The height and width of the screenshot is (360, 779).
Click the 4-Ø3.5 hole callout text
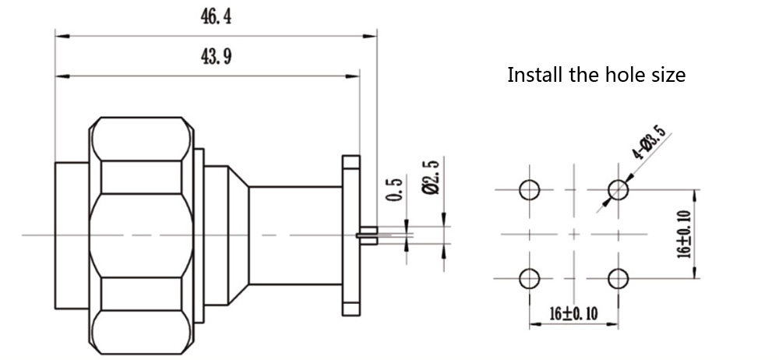(x=649, y=143)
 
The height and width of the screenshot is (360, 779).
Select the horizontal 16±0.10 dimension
(x=575, y=313)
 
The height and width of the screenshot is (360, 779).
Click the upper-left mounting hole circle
(x=530, y=189)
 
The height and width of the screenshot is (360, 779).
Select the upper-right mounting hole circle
(x=619, y=189)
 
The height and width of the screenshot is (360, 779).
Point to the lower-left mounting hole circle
(x=530, y=277)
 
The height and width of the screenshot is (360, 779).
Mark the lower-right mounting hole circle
(x=619, y=277)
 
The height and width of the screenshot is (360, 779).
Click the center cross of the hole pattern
(x=575, y=233)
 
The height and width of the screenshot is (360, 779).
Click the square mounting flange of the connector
(x=349, y=234)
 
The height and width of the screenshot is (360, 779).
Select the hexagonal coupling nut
(x=140, y=234)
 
